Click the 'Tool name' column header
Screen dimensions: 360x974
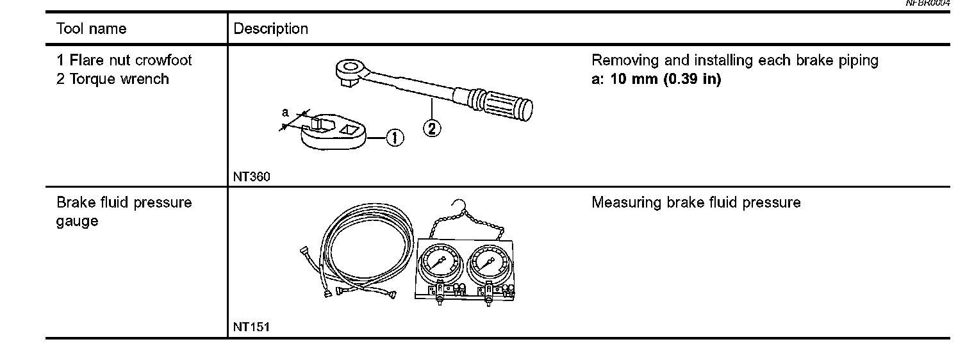(x=91, y=29)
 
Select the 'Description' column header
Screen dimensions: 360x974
(x=270, y=29)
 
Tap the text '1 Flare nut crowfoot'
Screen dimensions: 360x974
(x=124, y=61)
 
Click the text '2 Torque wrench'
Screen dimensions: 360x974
(x=113, y=79)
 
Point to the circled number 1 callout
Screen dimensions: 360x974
(x=394, y=137)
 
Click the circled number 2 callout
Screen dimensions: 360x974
(x=432, y=128)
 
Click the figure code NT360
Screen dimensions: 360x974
(x=251, y=177)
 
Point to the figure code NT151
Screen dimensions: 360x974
(x=251, y=327)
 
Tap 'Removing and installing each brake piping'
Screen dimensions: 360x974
(x=734, y=61)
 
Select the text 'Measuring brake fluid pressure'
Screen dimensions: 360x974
(x=696, y=203)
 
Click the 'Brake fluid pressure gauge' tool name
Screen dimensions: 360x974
(x=124, y=212)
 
